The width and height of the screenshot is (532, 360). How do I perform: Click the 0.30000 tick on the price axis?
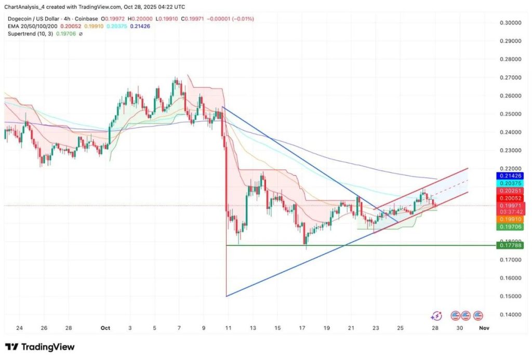(510, 23)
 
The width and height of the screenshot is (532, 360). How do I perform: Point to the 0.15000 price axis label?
(510, 297)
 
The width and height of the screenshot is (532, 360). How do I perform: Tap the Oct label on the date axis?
(105, 328)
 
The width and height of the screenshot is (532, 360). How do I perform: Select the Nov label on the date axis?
(484, 328)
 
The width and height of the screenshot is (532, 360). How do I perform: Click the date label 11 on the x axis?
(227, 328)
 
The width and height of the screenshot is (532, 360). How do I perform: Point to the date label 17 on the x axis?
(302, 328)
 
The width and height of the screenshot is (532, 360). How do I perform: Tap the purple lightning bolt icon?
(437, 315)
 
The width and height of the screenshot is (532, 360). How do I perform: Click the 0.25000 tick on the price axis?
(510, 114)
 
